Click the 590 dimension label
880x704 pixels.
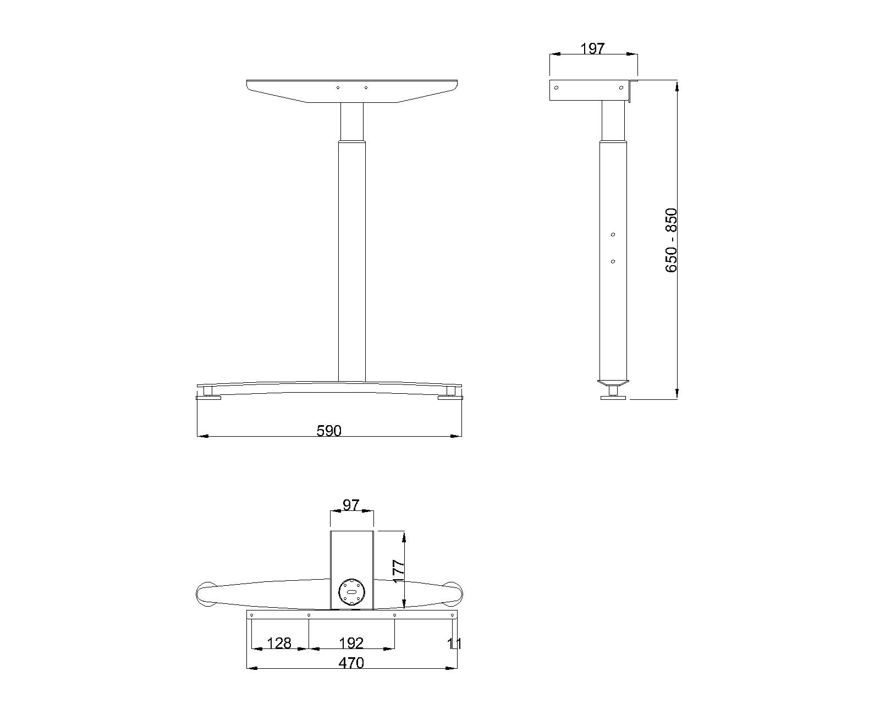(329, 431)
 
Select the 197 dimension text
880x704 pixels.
(592, 49)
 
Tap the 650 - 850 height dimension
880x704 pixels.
(671, 240)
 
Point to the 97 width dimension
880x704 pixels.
(351, 505)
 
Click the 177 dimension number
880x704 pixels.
(398, 571)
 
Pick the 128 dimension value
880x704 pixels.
(279, 643)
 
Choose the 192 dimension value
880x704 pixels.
(351, 643)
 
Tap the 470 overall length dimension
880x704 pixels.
(351, 663)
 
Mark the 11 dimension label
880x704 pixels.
(454, 644)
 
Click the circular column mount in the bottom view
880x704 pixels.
(351, 592)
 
